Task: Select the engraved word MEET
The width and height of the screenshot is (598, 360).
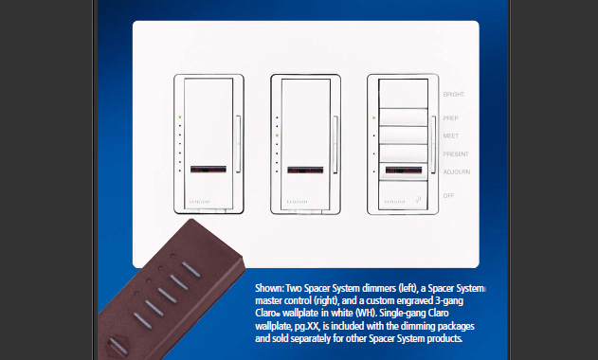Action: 451,135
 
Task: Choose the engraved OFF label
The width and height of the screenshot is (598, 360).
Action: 449,195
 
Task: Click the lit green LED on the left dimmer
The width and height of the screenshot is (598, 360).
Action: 179,117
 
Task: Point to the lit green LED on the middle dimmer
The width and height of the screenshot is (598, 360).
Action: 276,135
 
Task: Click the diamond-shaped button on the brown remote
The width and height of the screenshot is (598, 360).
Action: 119,344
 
